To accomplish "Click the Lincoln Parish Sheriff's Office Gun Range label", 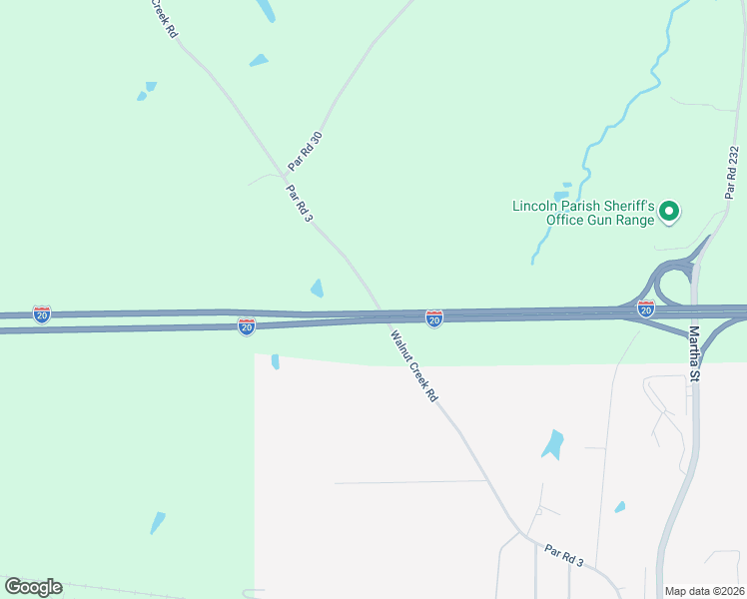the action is [x=582, y=213].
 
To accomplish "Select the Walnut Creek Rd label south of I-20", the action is [x=414, y=366].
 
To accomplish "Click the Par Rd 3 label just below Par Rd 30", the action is [x=299, y=203].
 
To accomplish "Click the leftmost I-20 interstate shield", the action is [x=41, y=313].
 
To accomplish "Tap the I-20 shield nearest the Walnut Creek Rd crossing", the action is [x=434, y=317].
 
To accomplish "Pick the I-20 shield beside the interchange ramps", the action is [x=646, y=309].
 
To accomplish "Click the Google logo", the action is [x=33, y=587].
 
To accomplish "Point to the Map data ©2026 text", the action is [x=704, y=591].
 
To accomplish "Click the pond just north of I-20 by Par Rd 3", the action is [x=317, y=289].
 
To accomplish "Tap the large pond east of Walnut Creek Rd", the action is [x=552, y=443].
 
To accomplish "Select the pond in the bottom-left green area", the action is [x=158, y=522].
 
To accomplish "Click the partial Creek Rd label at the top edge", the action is [x=165, y=18].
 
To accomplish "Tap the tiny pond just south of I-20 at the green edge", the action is [x=275, y=361].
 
